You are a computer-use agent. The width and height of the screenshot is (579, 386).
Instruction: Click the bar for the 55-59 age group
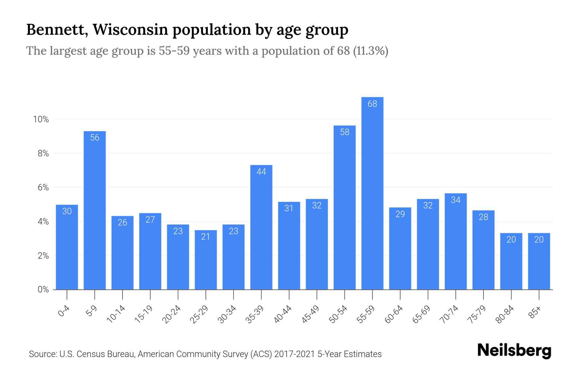click(x=372, y=193)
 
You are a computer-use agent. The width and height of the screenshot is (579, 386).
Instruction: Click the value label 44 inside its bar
click(x=261, y=172)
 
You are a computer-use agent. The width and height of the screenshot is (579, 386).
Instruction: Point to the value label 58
click(x=345, y=132)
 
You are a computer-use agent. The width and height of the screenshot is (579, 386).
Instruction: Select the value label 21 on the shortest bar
click(x=206, y=237)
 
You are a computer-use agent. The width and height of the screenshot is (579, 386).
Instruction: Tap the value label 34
click(x=455, y=200)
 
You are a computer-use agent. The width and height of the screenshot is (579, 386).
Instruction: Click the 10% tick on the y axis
click(x=41, y=120)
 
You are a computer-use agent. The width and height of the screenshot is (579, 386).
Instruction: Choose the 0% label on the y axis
click(x=43, y=289)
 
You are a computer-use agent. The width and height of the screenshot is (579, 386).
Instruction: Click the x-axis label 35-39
click(x=255, y=314)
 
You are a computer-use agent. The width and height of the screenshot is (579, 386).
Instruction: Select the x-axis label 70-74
click(x=449, y=314)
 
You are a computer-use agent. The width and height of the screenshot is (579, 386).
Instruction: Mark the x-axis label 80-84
click(x=505, y=314)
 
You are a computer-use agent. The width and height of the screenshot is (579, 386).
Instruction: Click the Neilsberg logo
click(x=514, y=351)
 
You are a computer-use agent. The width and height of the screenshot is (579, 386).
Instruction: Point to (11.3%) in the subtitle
click(x=371, y=51)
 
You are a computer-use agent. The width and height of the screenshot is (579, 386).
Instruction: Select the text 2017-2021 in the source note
click(x=294, y=354)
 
